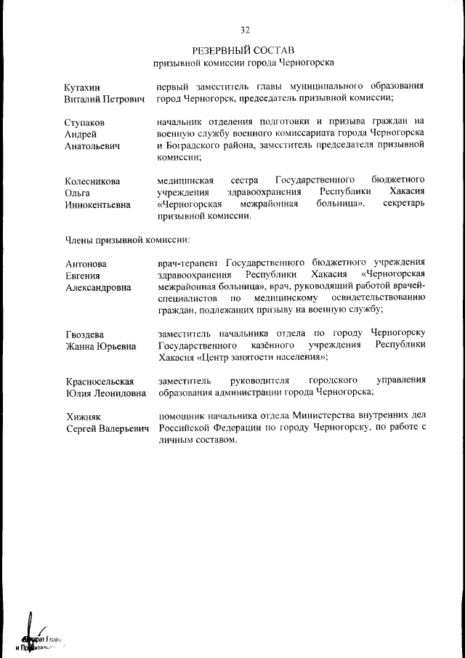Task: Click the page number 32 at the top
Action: point(244,30)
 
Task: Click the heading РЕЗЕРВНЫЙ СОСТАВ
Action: point(243,50)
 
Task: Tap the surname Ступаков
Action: point(84,121)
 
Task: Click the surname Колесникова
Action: point(92,180)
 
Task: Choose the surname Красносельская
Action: point(100,381)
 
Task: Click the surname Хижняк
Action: point(83,417)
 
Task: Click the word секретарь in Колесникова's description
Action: point(403,204)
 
